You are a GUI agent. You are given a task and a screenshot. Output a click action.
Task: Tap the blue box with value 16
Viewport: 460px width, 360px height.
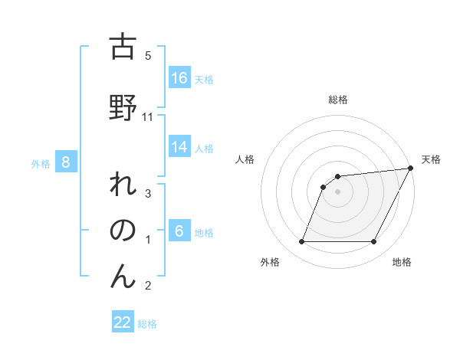tap(179, 78)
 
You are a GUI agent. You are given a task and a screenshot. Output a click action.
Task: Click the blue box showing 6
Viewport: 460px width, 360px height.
tap(179, 231)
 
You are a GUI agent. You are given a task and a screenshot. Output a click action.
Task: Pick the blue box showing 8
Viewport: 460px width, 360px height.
tap(66, 162)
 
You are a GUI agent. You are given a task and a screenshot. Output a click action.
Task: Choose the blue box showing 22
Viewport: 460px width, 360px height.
tap(123, 322)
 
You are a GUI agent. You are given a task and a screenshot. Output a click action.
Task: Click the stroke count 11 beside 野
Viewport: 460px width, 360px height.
tap(149, 116)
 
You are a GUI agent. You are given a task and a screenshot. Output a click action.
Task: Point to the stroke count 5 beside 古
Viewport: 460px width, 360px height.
tap(148, 56)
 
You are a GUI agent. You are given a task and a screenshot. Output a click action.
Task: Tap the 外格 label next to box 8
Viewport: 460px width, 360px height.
tap(41, 163)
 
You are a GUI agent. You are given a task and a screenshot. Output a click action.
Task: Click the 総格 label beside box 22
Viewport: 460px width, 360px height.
tap(147, 324)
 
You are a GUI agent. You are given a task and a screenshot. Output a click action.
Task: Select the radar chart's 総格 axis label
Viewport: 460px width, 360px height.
tap(337, 100)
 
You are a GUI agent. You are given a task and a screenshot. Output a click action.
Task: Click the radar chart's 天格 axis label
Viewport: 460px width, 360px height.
tap(431, 159)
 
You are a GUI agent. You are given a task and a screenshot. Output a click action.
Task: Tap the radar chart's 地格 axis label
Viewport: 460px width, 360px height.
tap(402, 262)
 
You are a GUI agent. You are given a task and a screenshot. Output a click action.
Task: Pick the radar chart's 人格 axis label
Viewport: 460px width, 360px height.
tap(245, 159)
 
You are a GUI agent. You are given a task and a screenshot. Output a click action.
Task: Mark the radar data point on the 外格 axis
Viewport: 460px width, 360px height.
tap(301, 242)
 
